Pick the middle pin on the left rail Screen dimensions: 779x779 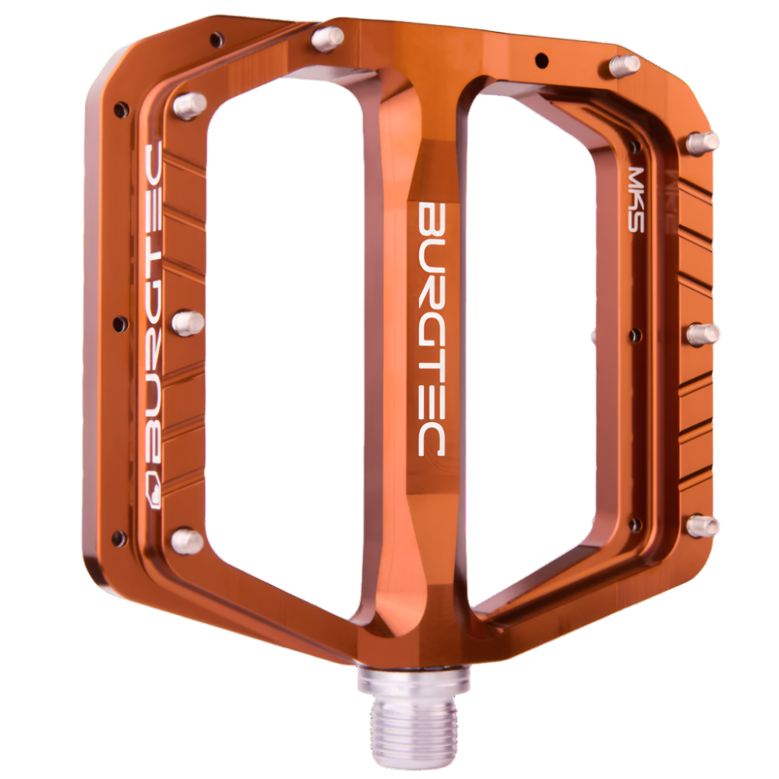point(187,323)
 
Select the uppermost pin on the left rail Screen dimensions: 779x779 point(189,104)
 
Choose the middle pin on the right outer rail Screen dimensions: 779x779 point(703,334)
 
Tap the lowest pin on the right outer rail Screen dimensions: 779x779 point(703,526)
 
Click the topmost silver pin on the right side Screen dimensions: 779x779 point(625,65)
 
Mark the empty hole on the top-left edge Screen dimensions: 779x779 point(216,37)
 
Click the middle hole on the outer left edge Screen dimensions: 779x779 point(119,323)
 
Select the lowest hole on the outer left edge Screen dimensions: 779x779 point(119,537)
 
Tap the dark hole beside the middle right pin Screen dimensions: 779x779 point(636,335)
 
